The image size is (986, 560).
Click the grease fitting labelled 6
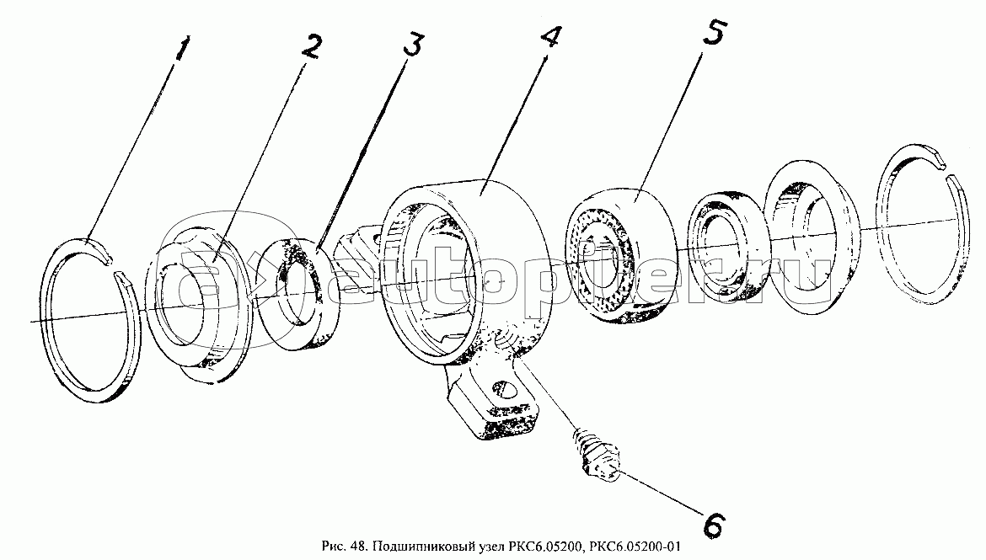click(596, 456)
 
